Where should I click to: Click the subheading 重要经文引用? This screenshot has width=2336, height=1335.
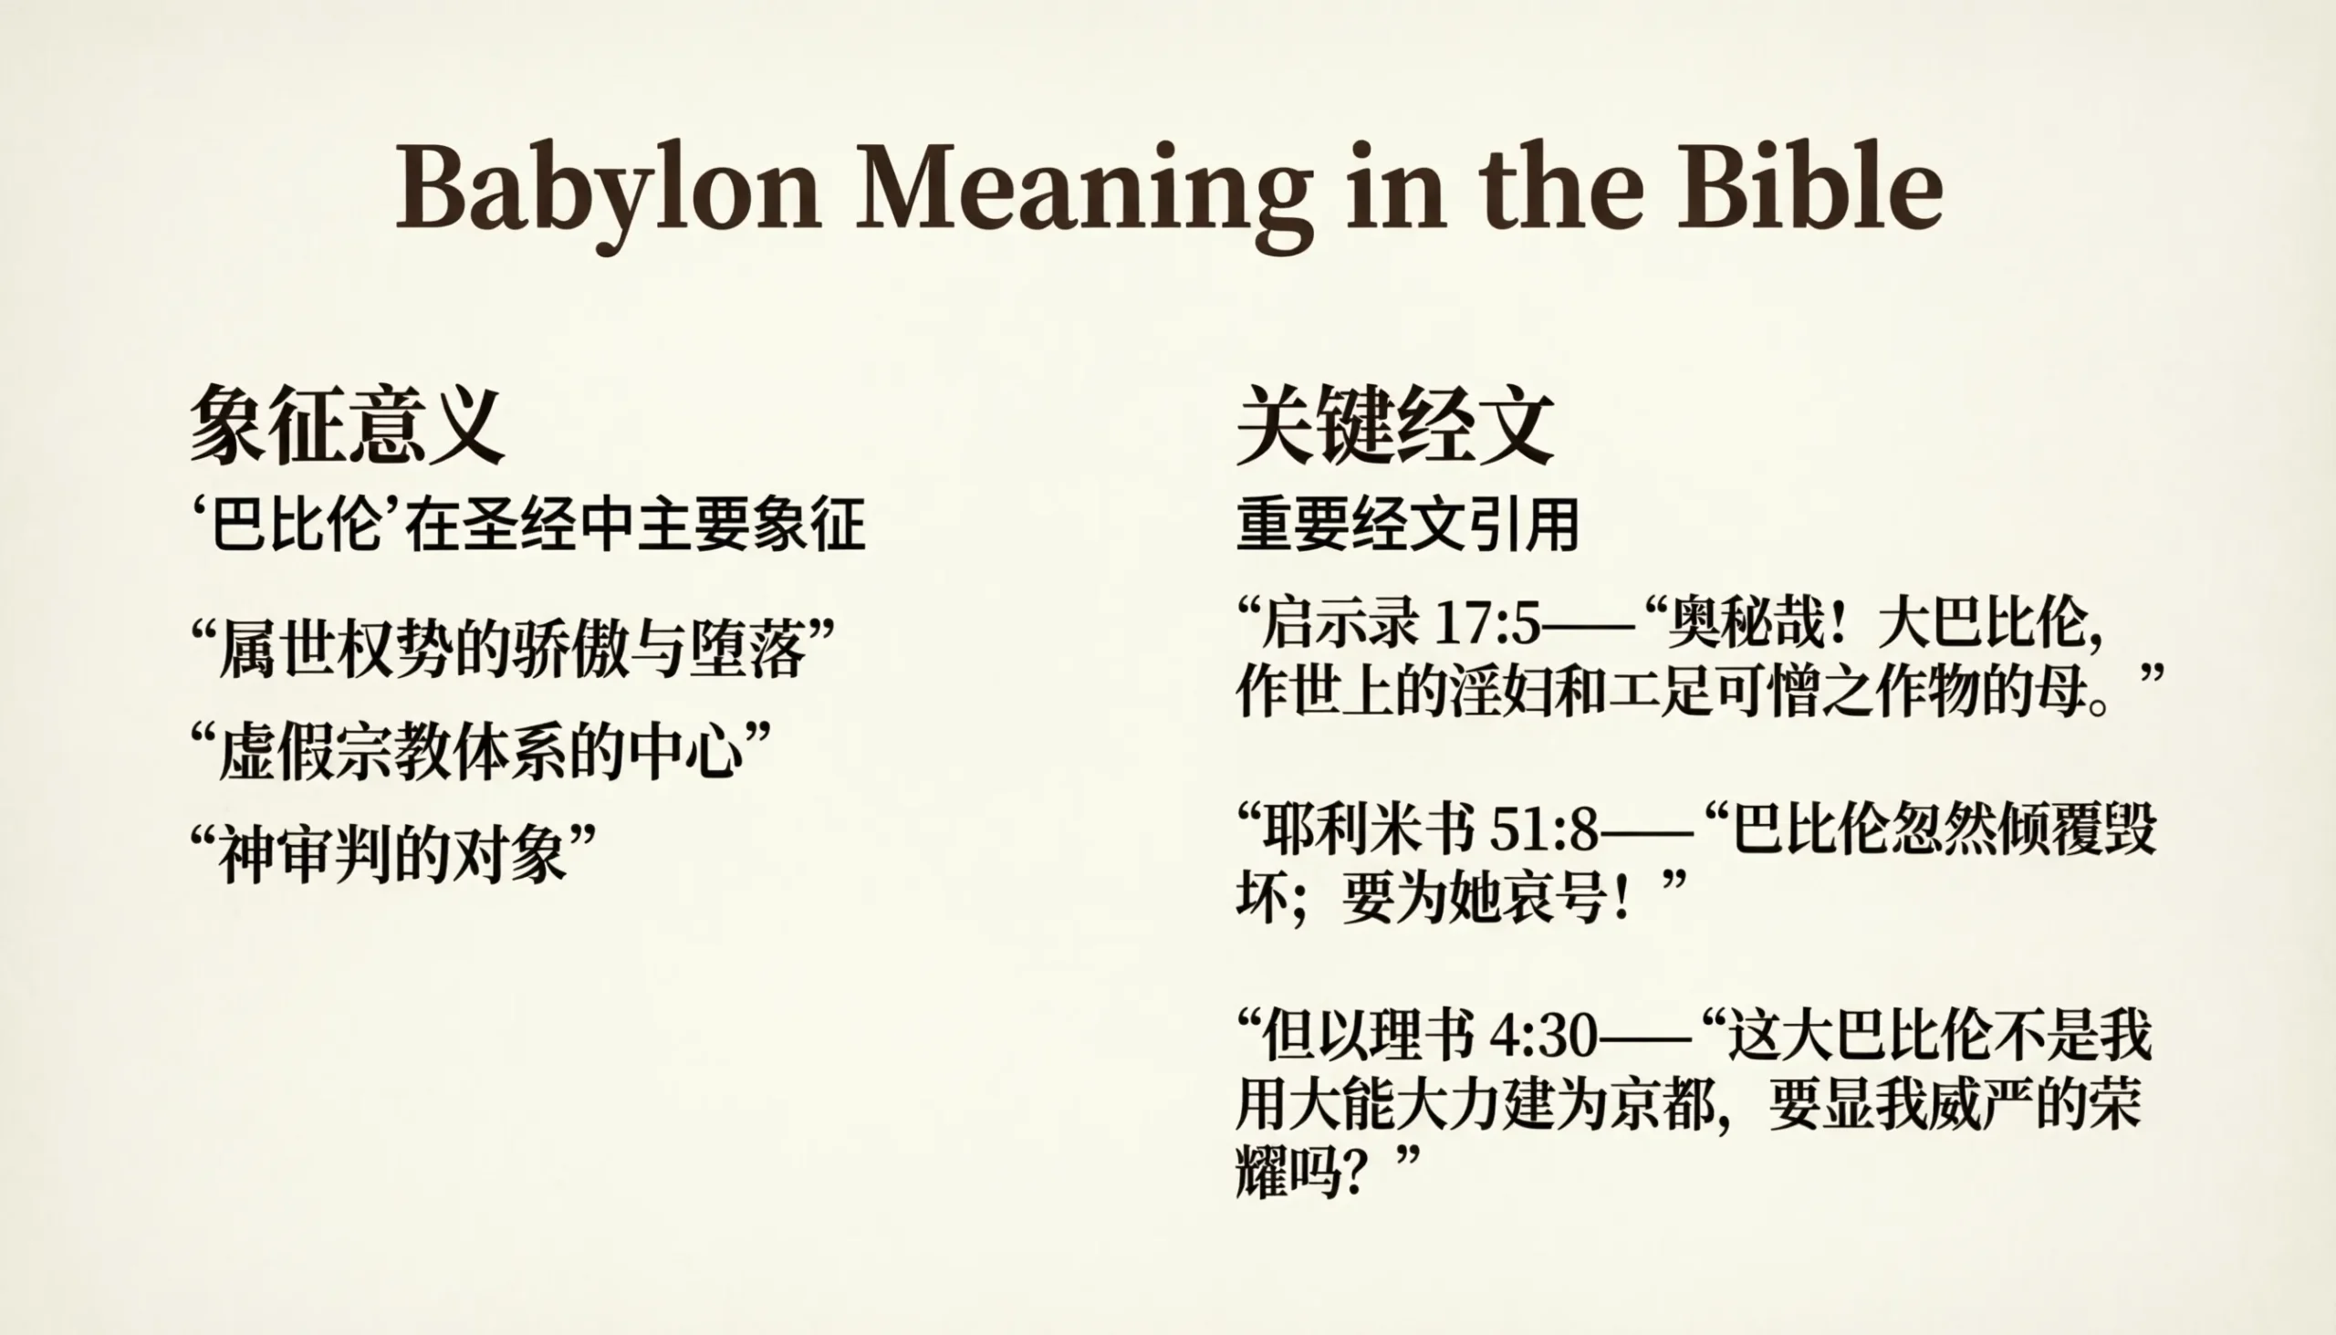click(x=1407, y=526)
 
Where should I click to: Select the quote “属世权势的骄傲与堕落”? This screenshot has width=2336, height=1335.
click(x=514, y=648)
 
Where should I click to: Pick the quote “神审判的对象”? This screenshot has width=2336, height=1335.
click(x=393, y=854)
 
